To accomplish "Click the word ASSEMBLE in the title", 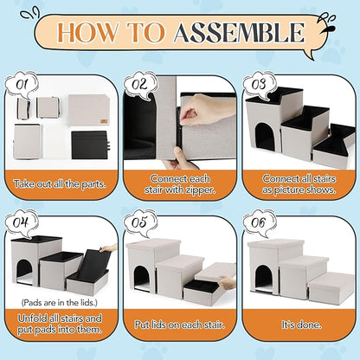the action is coord(239,32).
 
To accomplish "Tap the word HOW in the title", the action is coord(87,32).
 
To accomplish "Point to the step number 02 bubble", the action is coord(140,84).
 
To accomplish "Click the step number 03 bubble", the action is coord(259,84).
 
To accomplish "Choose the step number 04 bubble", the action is coord(22,222).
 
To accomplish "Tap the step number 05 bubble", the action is coord(140,222).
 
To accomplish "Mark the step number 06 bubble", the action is coord(259,222).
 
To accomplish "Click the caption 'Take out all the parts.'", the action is coord(60,184).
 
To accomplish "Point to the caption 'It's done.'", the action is coord(301,325).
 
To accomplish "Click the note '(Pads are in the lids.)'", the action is coord(60,303).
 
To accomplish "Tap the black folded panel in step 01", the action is coord(89,145).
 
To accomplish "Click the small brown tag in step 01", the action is coord(104,121).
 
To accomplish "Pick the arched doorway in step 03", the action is coord(265,137).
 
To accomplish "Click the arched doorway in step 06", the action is coord(264,279).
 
